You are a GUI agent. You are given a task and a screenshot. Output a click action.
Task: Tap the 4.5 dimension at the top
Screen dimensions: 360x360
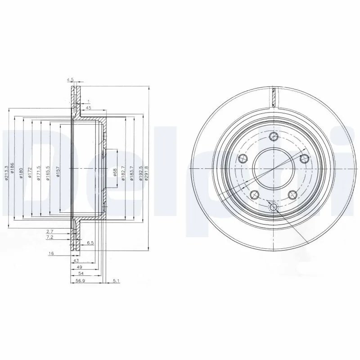click(x=70, y=80)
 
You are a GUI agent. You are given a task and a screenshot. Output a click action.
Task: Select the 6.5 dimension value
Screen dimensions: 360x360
click(x=90, y=242)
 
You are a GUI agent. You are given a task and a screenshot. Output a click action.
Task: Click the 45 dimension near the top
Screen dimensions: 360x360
click(x=88, y=108)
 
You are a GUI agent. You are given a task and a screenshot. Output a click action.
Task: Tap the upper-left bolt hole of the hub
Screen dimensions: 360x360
click(x=243, y=157)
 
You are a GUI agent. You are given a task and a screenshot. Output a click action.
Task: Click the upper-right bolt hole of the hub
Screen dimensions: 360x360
click(x=304, y=157)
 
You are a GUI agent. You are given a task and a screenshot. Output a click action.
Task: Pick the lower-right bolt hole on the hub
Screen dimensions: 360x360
click(x=292, y=194)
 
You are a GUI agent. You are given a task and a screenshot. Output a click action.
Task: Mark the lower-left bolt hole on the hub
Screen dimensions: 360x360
click(x=254, y=194)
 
